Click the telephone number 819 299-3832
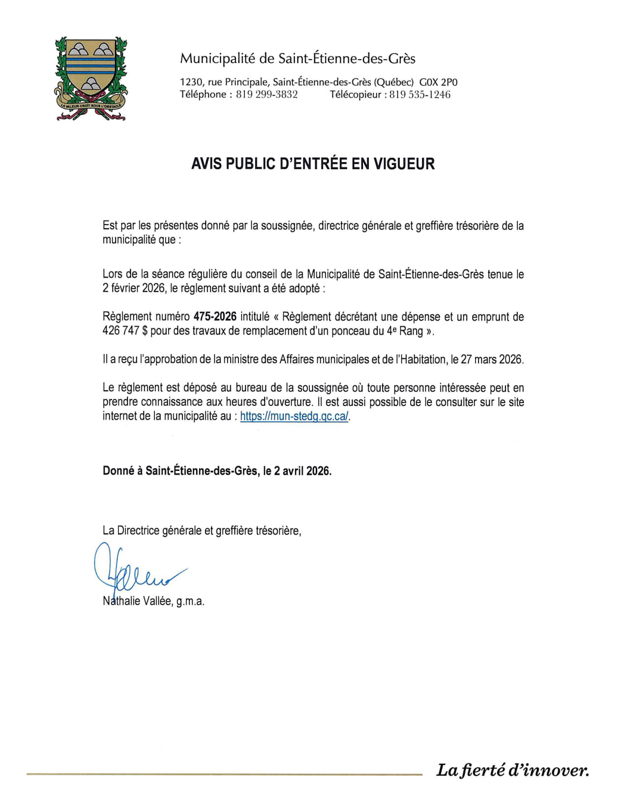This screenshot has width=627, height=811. [267, 95]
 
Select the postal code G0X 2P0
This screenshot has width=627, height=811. [438, 82]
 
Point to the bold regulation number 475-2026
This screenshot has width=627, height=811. [215, 317]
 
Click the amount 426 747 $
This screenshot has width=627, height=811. [125, 331]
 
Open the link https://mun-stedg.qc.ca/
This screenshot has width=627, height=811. [294, 416]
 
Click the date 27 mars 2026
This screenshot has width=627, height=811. [491, 359]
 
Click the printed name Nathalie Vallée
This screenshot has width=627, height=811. [137, 601]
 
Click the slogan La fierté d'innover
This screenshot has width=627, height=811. [512, 770]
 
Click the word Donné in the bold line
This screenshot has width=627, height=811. [119, 471]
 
